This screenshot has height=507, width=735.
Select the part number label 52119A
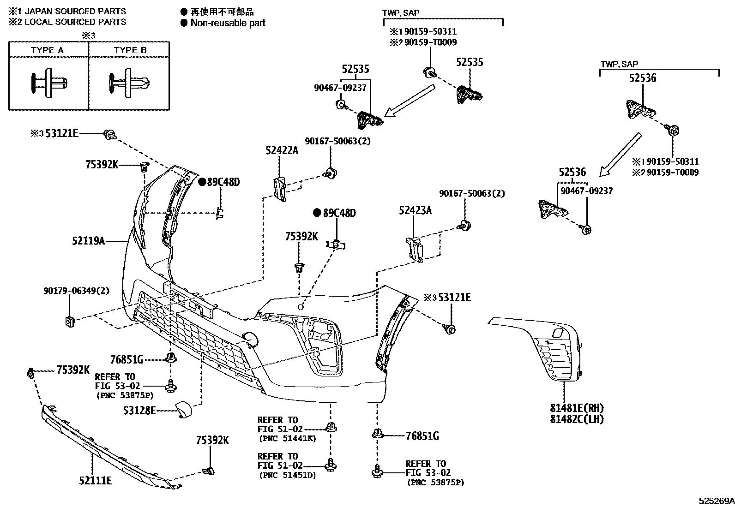point(88,240)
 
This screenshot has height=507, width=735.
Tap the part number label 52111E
point(95,481)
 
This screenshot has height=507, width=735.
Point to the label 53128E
point(139,410)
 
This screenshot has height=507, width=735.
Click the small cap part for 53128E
point(182,409)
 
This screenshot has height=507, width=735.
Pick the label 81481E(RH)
point(577,408)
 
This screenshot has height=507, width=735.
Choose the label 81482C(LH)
point(577,419)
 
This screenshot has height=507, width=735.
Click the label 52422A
point(282,150)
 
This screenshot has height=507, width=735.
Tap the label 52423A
point(415,211)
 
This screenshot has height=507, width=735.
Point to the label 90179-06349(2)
point(77,291)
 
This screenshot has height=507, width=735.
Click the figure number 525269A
point(716,501)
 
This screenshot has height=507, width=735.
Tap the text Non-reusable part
point(228,23)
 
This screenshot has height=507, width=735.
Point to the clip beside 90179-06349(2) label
point(70,321)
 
